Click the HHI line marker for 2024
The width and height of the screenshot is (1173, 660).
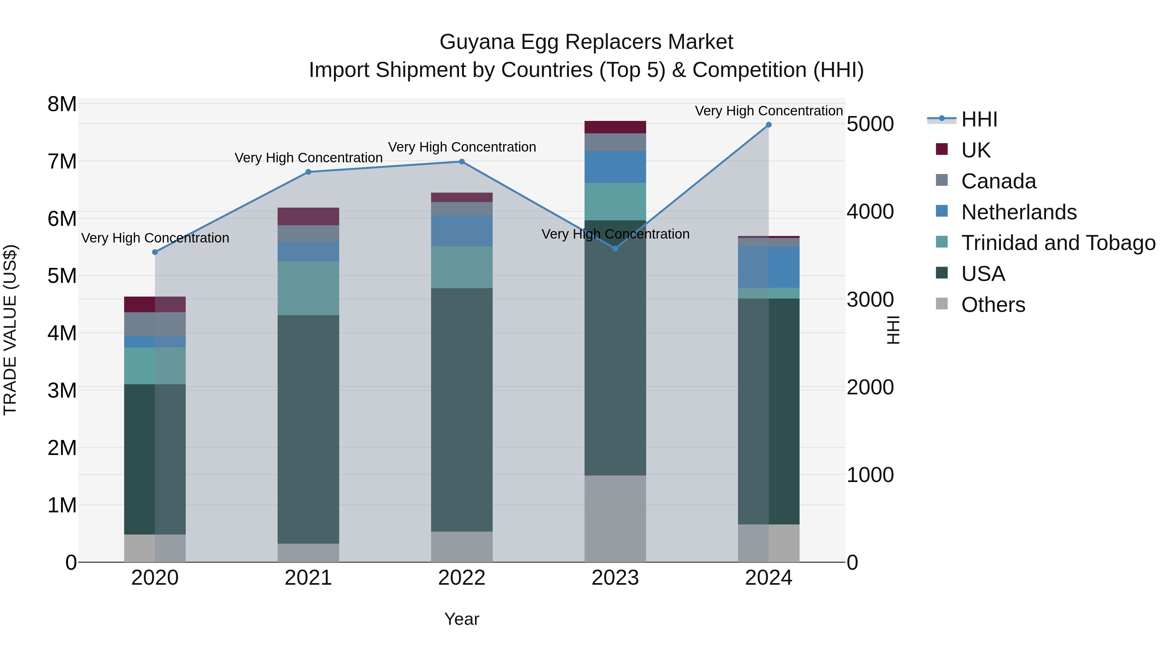click(769, 125)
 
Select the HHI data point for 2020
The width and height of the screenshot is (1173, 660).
click(155, 252)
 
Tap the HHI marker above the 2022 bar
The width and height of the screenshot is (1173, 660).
click(462, 162)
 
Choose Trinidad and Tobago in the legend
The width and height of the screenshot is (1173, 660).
click(1058, 243)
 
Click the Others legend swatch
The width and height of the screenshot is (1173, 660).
click(942, 304)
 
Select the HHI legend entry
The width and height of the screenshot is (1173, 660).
click(979, 119)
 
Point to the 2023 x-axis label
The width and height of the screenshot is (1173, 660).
click(615, 578)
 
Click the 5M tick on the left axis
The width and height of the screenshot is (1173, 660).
click(62, 275)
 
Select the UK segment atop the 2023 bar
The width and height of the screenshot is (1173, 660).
click(615, 127)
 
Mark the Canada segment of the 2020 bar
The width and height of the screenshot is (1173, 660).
click(155, 324)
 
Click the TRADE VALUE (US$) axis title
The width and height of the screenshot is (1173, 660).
click(10, 330)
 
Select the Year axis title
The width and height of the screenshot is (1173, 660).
click(462, 619)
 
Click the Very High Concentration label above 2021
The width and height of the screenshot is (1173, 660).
click(308, 158)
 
